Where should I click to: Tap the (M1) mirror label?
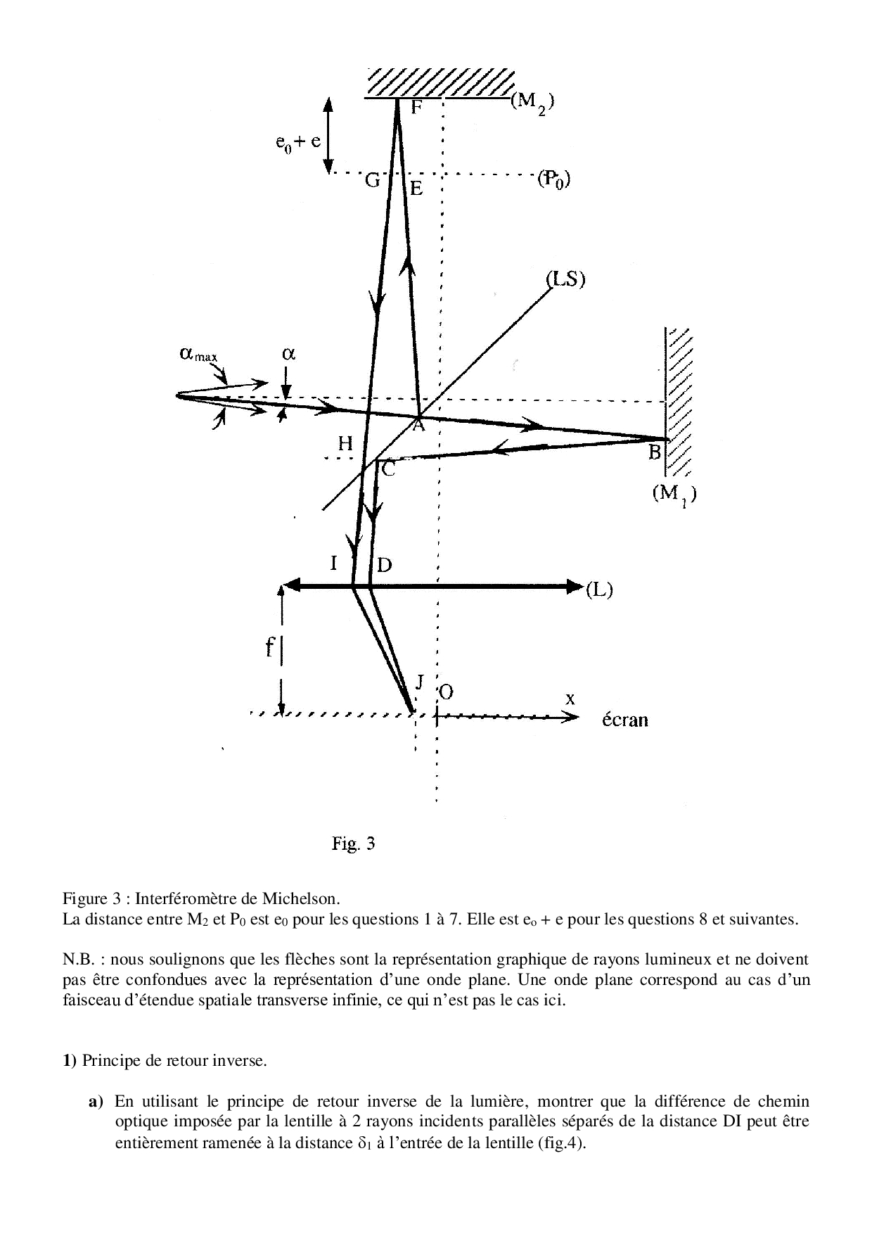pos(674,495)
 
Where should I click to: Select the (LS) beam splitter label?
pos(566,279)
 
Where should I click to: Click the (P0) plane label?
pos(553,179)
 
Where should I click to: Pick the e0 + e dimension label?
pos(298,141)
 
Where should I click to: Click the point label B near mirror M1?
pos(655,452)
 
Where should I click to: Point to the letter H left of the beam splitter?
pos(345,443)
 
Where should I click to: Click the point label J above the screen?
pos(420,681)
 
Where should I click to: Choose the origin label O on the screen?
pos(446,692)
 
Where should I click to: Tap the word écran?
pos(625,720)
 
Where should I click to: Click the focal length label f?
pos(269,647)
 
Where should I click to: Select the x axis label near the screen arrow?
pos(570,699)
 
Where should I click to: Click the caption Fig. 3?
pos(353,844)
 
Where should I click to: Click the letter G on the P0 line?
pos(373,181)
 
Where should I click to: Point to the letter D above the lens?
pos(385,564)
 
